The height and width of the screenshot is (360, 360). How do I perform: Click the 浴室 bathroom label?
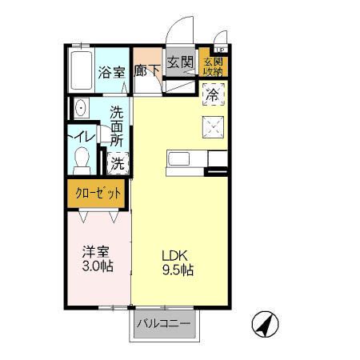pyautogui.click(x=112, y=72)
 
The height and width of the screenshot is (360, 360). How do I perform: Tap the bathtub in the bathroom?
pyautogui.click(x=80, y=69)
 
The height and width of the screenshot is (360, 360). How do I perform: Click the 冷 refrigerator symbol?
pyautogui.click(x=213, y=95)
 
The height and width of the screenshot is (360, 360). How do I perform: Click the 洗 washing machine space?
pyautogui.click(x=118, y=164)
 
